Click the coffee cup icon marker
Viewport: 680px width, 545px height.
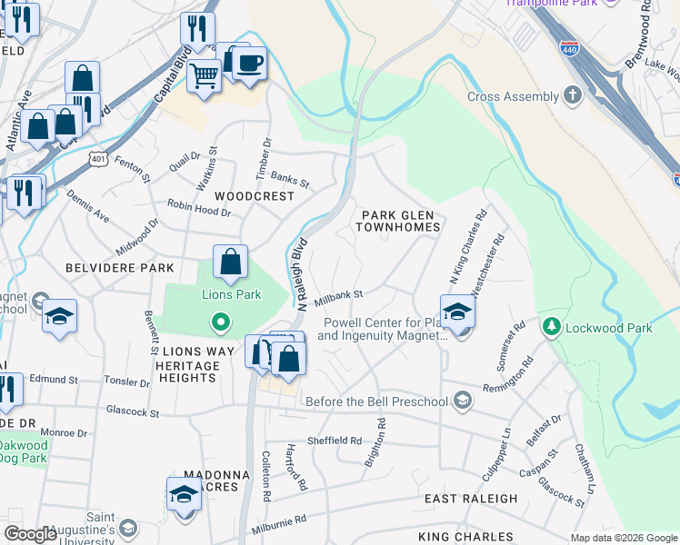pyautogui.click(x=248, y=64)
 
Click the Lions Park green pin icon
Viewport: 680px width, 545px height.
pyautogui.click(x=219, y=321)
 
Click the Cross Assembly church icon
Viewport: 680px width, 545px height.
pyautogui.click(x=572, y=96)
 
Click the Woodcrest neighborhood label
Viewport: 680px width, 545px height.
pyautogui.click(x=255, y=196)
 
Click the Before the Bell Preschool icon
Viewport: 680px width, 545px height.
pyautogui.click(x=464, y=401)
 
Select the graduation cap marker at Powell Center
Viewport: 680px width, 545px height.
pyautogui.click(x=457, y=312)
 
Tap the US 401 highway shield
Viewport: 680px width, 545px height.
pyautogui.click(x=98, y=159)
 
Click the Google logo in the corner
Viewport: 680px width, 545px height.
pyautogui.click(x=30, y=534)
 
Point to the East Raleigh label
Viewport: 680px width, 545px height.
pyautogui.click(x=471, y=499)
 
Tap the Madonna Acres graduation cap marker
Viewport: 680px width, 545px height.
pyautogui.click(x=184, y=494)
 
